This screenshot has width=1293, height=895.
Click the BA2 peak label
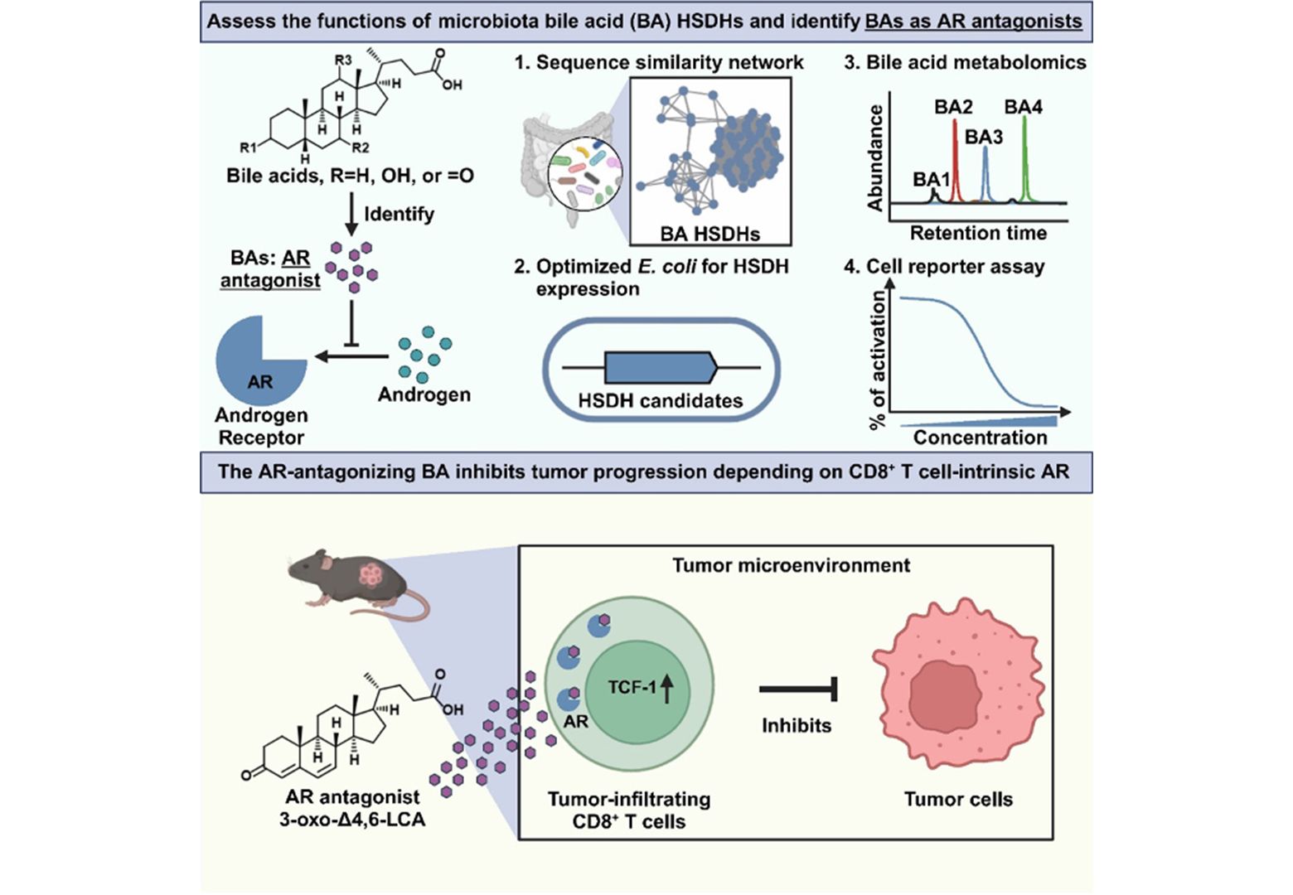tap(953, 107)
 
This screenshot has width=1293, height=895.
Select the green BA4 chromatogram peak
tap(1025, 157)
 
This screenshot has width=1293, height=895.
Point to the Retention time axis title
tap(978, 234)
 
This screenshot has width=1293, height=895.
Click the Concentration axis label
tap(980, 437)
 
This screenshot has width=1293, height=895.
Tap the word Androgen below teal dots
tap(424, 394)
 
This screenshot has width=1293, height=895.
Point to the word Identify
tap(399, 214)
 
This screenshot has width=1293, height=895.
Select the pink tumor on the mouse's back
tap(370, 572)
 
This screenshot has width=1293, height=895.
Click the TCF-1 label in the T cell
tap(632, 687)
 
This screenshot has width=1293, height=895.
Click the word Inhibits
tap(797, 726)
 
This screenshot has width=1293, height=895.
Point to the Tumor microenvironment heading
tap(791, 565)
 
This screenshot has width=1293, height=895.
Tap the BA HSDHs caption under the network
tap(709, 234)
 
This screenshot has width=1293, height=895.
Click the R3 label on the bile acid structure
tap(343, 60)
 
